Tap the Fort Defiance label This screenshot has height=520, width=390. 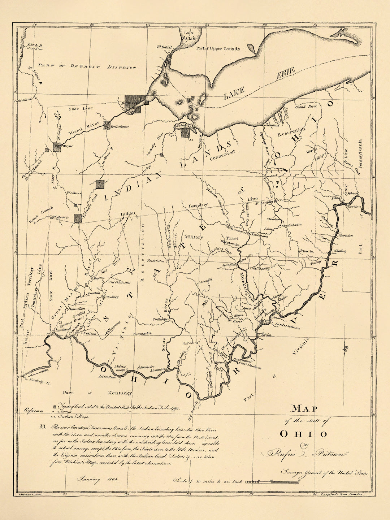click(120, 127)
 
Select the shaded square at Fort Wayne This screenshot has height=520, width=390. click(57, 147)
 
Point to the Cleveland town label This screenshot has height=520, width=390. click(273, 125)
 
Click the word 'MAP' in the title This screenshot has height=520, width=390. click(304, 408)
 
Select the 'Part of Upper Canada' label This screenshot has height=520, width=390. click(218, 48)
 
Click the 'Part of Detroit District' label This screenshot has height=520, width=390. click(87, 66)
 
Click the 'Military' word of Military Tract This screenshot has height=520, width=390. click(194, 237)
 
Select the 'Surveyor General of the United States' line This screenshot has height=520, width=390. click(324, 473)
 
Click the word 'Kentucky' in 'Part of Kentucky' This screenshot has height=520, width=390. click(117, 393)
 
